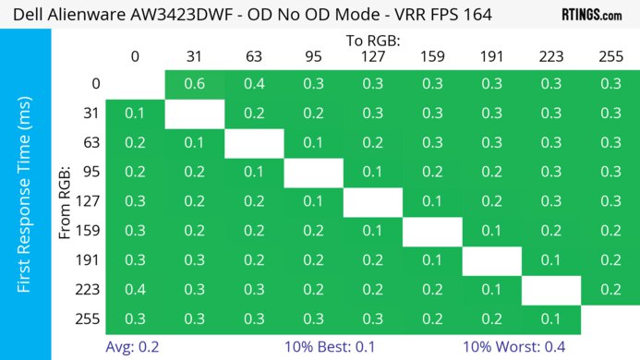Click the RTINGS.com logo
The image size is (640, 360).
pyautogui.click(x=591, y=15)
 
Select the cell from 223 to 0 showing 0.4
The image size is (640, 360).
pyautogui.click(x=136, y=291)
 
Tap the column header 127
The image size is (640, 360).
pyautogui.click(x=373, y=56)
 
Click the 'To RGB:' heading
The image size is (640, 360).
pyautogui.click(x=373, y=41)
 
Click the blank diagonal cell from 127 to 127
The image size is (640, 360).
pyautogui.click(x=373, y=202)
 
